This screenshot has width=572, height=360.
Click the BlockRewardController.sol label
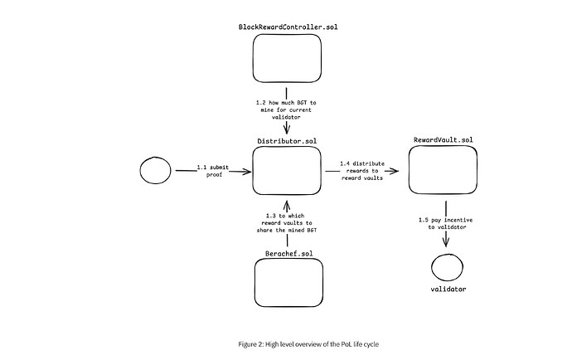point(286,27)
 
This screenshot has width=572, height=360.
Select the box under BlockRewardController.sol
point(286,60)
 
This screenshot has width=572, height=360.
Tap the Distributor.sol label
point(286,141)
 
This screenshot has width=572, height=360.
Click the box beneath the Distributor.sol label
point(286,172)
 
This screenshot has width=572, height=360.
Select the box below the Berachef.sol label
point(286,283)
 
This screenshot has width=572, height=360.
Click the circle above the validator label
point(447,267)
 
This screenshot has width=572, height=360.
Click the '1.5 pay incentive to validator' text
point(447,222)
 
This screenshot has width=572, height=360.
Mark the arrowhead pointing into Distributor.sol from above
point(286,129)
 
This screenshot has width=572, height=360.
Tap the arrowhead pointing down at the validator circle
point(447,243)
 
